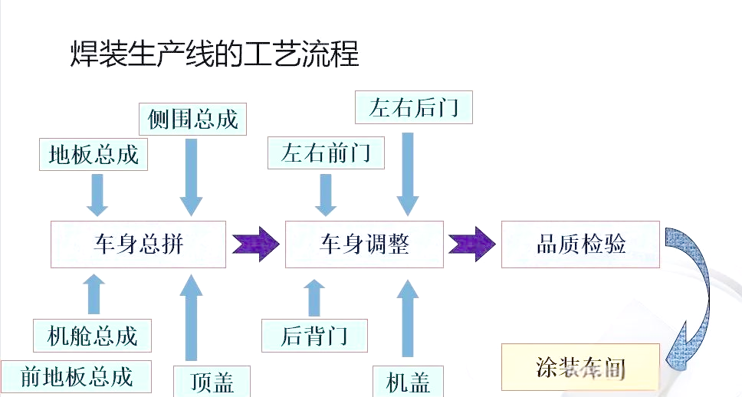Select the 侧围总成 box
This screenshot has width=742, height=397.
(x=193, y=118)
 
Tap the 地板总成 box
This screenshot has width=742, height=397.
(x=93, y=154)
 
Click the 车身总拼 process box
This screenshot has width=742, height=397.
(x=139, y=244)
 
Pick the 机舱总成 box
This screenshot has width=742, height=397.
(x=92, y=335)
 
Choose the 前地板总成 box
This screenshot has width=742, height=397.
(x=76, y=377)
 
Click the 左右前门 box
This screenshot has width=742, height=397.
(x=326, y=153)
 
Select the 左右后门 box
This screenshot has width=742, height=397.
(x=414, y=107)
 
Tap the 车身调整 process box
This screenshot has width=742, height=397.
(x=364, y=244)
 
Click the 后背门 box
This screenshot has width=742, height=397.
(x=314, y=335)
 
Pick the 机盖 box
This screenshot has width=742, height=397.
(x=409, y=381)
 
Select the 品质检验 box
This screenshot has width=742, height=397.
(x=580, y=244)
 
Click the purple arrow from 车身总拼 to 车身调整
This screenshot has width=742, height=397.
(x=255, y=244)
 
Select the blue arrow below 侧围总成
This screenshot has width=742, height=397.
(x=192, y=176)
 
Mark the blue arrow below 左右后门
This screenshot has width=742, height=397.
(x=409, y=172)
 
